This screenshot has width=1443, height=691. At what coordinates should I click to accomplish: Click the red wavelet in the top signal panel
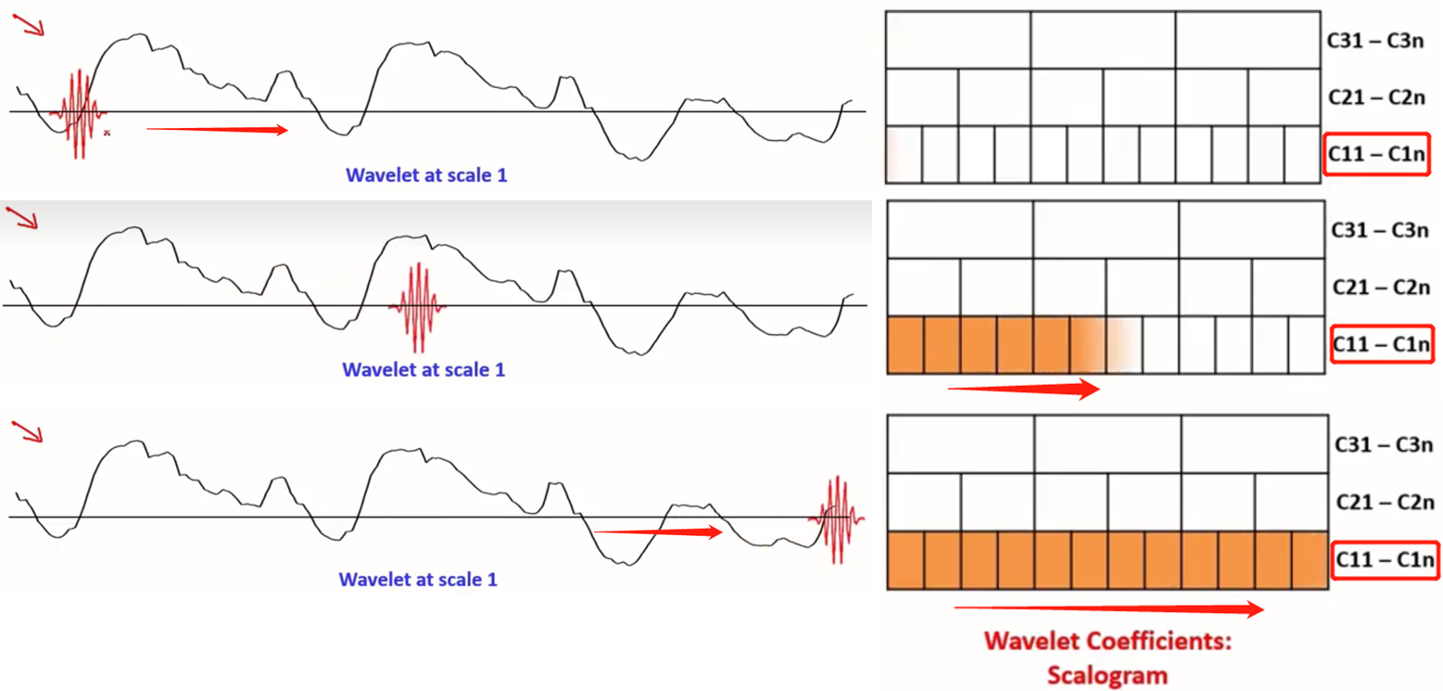(79, 114)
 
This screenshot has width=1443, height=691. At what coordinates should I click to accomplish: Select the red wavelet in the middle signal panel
(418, 307)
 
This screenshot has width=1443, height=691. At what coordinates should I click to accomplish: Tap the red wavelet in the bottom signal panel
(837, 518)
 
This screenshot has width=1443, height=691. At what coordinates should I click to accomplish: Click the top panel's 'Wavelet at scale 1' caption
(426, 174)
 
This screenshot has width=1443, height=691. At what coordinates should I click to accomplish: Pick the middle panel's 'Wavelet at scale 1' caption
(424, 370)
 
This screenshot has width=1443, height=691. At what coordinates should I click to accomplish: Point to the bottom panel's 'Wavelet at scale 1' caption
(418, 581)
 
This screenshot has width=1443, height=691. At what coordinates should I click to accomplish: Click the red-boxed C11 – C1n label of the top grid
(1376, 154)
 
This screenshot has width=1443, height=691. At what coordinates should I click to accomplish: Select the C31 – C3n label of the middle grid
(1382, 230)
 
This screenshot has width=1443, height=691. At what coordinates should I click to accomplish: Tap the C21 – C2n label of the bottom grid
(1385, 502)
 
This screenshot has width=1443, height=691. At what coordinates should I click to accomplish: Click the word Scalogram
(1108, 674)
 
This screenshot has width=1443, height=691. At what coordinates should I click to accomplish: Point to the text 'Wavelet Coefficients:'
(1108, 642)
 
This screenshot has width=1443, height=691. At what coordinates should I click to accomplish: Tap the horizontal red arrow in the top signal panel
(218, 130)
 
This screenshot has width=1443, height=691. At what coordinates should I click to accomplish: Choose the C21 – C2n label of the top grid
(1376, 96)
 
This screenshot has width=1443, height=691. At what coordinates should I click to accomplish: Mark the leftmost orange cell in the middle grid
(905, 346)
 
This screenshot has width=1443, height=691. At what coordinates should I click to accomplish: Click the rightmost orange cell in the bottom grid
(1310, 561)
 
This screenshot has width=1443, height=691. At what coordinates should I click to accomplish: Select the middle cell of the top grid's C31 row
(1103, 40)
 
